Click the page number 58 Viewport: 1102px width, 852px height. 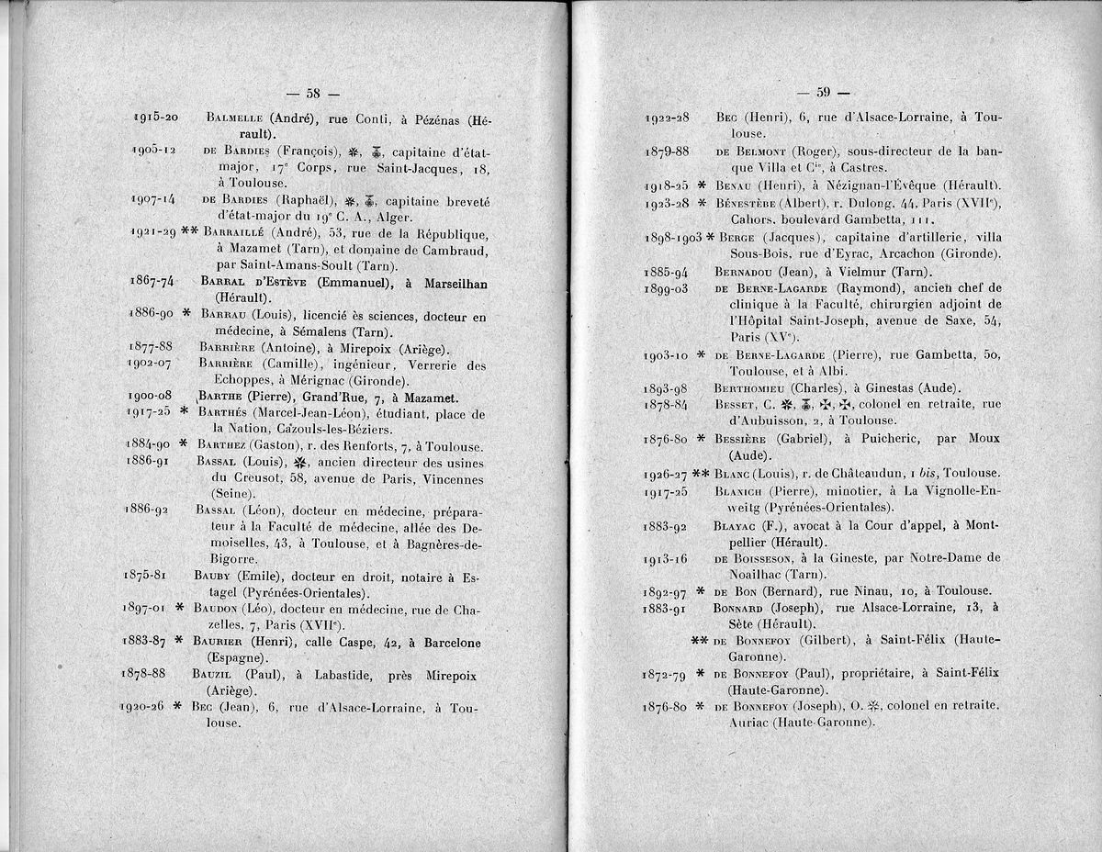coord(312,92)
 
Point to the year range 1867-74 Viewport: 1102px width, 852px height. coord(153,283)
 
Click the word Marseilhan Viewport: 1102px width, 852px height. coord(447,284)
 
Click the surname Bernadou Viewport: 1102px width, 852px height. coord(745,272)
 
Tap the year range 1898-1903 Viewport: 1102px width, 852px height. coord(672,238)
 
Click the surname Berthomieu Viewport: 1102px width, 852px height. coord(751,387)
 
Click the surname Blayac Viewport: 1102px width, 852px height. coord(737,526)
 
